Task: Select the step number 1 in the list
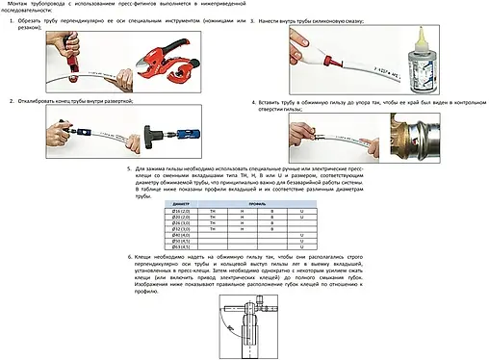click(13, 19)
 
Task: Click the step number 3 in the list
click(251, 19)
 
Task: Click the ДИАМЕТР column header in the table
click(181, 205)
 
